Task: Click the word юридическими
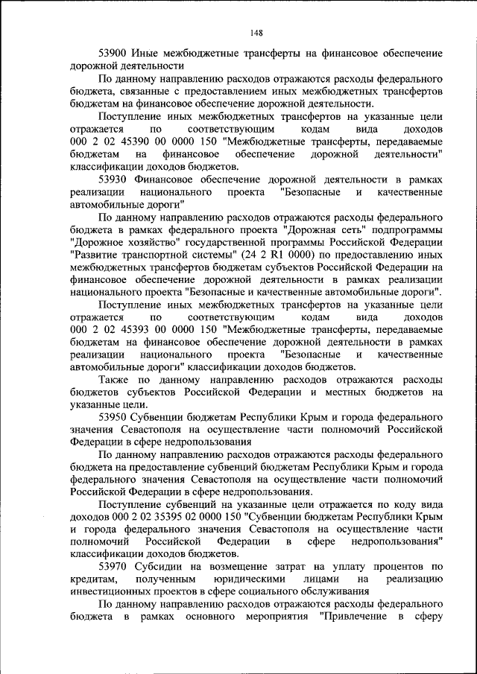(x=242, y=579)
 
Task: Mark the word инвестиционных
(x=110, y=592)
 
